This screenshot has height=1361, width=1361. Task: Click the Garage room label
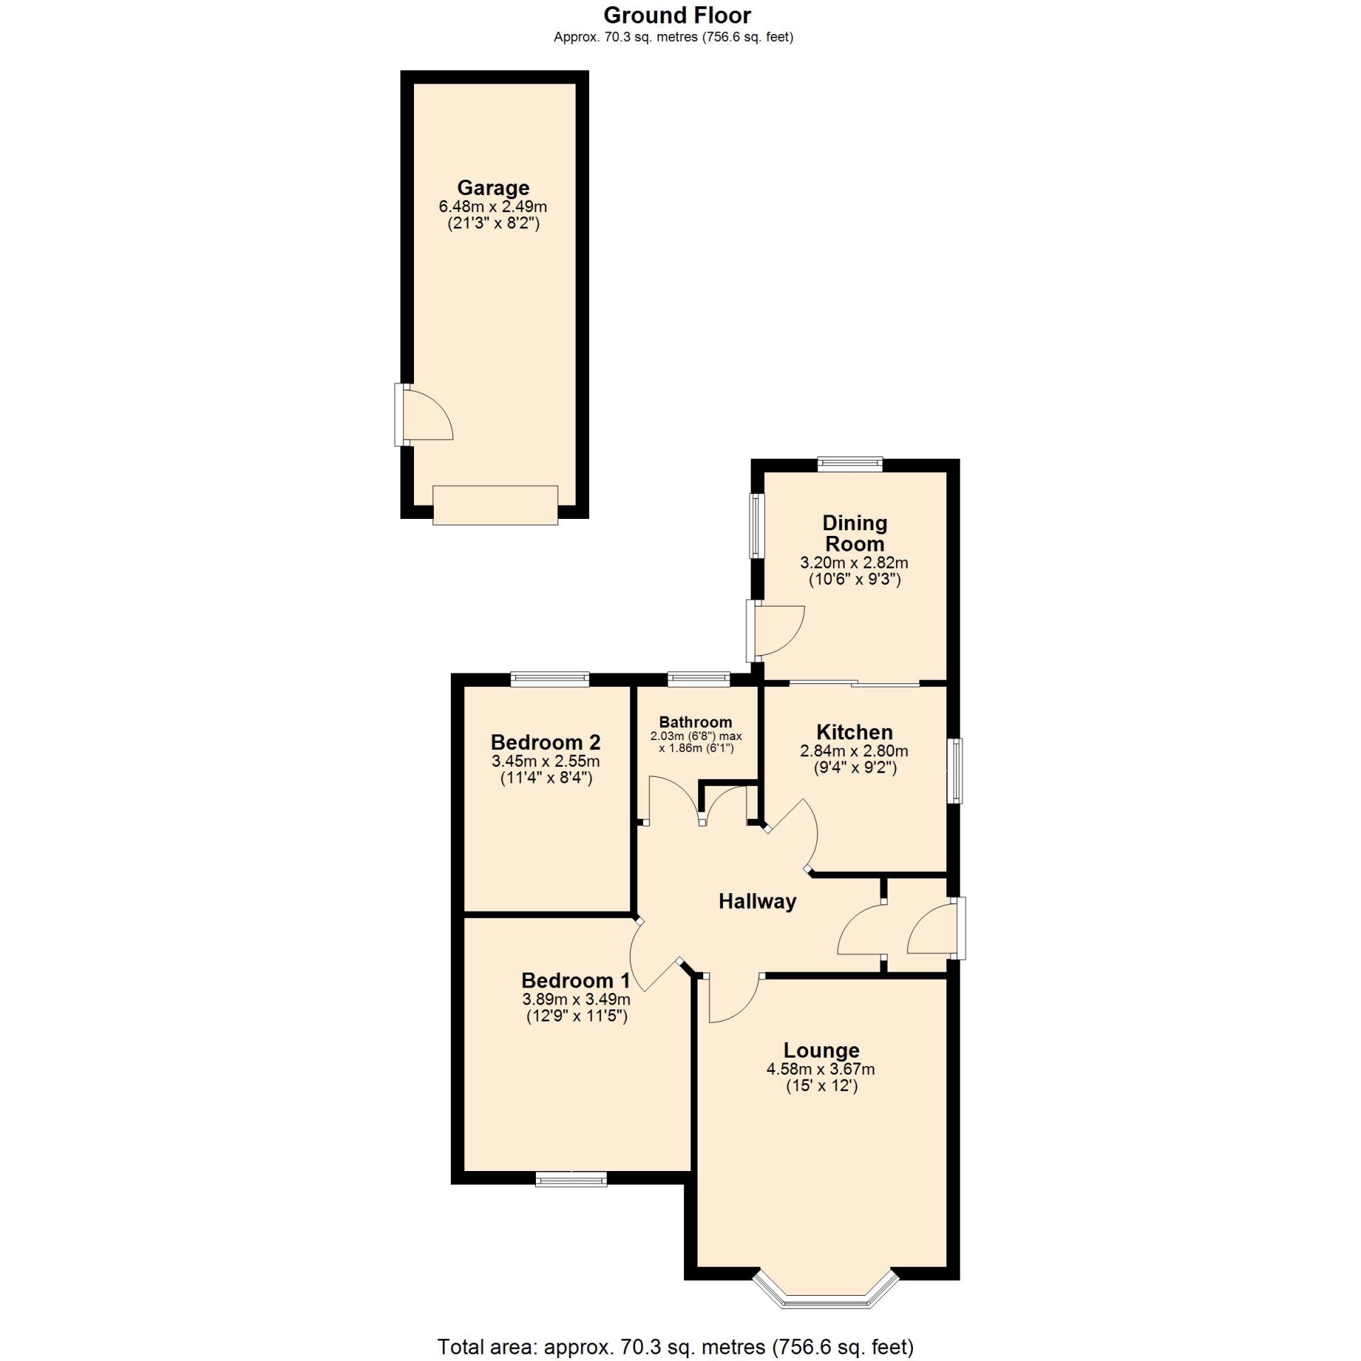pyautogui.click(x=493, y=188)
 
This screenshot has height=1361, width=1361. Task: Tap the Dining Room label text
pyautogui.click(x=855, y=533)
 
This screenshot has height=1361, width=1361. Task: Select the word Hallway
pyautogui.click(x=757, y=902)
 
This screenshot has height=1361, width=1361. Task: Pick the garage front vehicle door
pyautogui.click(x=495, y=505)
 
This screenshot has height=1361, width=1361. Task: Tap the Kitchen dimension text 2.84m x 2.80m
pyautogui.click(x=854, y=751)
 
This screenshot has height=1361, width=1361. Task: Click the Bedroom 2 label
pyautogui.click(x=546, y=742)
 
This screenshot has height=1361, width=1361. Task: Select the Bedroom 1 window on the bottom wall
pyautogui.click(x=571, y=1179)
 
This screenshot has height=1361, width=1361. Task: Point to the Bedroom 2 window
pyautogui.click(x=550, y=679)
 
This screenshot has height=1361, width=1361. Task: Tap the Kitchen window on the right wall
pyautogui.click(x=956, y=771)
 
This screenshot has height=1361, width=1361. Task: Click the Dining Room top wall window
pyautogui.click(x=850, y=464)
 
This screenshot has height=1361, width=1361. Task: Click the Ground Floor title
pyautogui.click(x=677, y=15)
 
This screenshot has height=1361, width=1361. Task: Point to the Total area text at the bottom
pyautogui.click(x=676, y=1346)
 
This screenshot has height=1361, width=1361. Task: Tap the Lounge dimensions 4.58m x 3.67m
pyautogui.click(x=820, y=1069)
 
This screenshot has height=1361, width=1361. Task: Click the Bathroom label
pyautogui.click(x=695, y=722)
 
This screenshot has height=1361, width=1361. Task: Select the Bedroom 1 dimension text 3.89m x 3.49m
pyautogui.click(x=576, y=999)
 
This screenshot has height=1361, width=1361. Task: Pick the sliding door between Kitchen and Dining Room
pyautogui.click(x=855, y=683)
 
